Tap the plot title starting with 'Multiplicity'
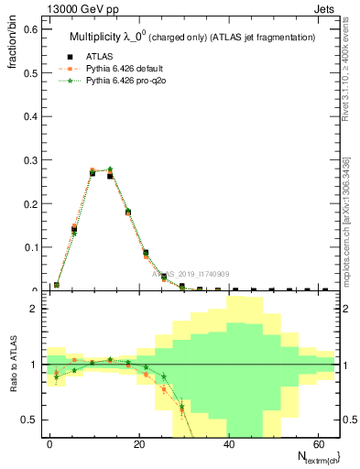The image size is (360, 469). pyautogui.click(x=192, y=37)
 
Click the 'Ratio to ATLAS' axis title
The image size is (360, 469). pyautogui.click(x=13, y=364)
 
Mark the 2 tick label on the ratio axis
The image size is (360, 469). pyautogui.click(x=33, y=309)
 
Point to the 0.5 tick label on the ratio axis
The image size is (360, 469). pyautogui.click(x=29, y=420)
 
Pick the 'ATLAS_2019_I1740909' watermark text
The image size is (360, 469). pyautogui.click(x=192, y=273)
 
